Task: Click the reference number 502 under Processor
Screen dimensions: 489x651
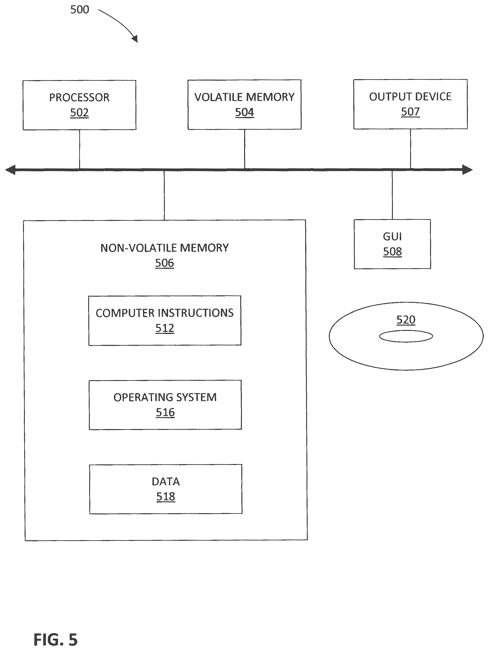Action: [x=79, y=112]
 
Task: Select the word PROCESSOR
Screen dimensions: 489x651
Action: [x=79, y=97]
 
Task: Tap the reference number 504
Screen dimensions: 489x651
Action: [x=245, y=112]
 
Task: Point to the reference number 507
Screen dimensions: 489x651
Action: [x=410, y=111]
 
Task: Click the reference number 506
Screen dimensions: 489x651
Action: [x=165, y=263]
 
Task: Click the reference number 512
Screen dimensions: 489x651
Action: [x=165, y=328]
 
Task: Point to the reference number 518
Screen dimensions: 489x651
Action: [x=166, y=496]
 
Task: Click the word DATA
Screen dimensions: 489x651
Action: [x=166, y=482]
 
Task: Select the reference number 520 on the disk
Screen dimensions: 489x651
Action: [x=406, y=320]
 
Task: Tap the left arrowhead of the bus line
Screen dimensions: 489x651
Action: [x=10, y=170]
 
